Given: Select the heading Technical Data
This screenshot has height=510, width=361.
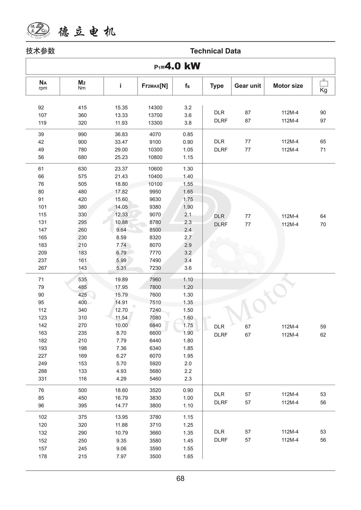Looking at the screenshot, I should coord(215,51).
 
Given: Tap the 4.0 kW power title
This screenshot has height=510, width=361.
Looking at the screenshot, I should coord(178,66).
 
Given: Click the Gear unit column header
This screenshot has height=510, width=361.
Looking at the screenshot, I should coord(247,86).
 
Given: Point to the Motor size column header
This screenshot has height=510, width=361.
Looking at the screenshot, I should coord(288,86).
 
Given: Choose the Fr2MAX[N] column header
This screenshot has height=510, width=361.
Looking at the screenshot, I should coord(155,86).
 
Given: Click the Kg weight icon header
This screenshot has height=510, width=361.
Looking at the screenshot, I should coord(324,86).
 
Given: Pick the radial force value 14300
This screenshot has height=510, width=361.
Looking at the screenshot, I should coord(155,108).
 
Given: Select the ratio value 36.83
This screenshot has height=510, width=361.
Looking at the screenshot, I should coord(121,134).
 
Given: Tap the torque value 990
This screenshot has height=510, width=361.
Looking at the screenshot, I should coord(82,134).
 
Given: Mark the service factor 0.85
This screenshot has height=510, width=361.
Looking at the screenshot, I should coord(188,134).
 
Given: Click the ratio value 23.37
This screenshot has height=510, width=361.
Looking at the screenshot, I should coord(121,169).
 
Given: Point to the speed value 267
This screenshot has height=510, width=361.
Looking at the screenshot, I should coord(42,268).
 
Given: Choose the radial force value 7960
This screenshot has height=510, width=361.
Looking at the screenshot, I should coord(155,280).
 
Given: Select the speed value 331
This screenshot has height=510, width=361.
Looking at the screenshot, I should coord(42,379).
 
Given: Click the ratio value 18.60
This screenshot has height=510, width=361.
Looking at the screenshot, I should coord(121,390).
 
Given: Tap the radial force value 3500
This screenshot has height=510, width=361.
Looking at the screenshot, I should coord(155,457).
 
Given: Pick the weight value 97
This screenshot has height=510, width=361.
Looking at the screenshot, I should coord(323,121).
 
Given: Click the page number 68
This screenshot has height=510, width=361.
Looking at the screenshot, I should coord(180,479).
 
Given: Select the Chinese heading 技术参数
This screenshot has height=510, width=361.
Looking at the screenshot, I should coord(40,51).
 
